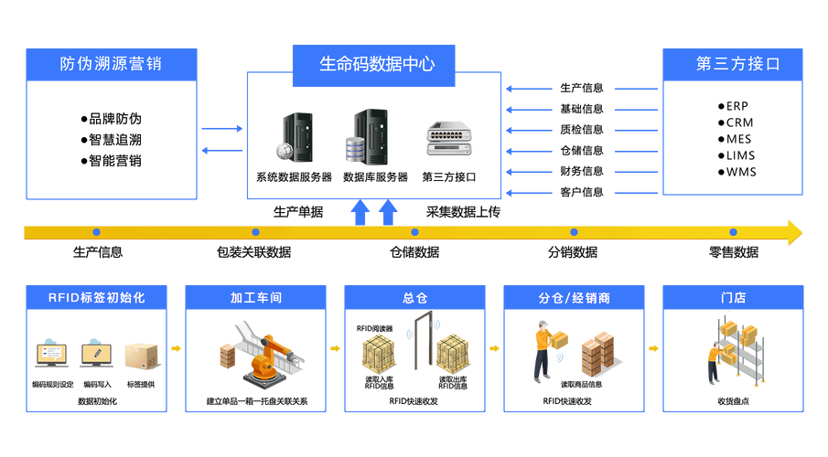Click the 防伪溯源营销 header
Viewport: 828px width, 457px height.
[111, 64]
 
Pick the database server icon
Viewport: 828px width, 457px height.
[366, 137]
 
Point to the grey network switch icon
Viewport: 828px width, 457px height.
[449, 138]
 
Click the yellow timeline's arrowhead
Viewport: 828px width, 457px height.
[793, 232]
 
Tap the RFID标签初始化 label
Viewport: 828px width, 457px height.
[96, 298]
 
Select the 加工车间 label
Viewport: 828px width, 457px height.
[255, 298]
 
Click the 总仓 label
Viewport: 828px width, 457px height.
[414, 298]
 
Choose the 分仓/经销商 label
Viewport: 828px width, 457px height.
[574, 298]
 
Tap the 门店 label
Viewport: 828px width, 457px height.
[733, 298]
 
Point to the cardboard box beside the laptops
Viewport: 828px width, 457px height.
[141, 355]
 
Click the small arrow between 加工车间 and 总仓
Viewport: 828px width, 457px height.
[336, 348]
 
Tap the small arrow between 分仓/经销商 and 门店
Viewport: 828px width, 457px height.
[653, 348]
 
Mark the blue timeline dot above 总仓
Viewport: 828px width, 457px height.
[414, 232]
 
